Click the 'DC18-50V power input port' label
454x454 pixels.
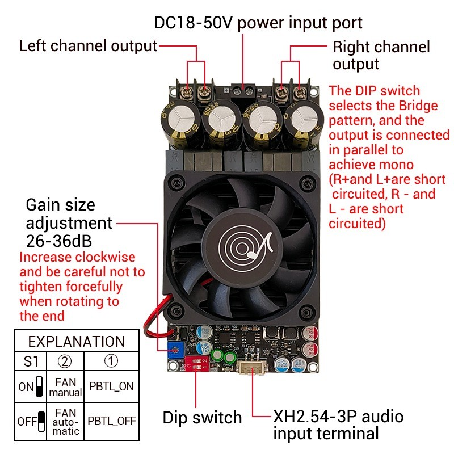258,23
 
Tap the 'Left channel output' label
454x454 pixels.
88,46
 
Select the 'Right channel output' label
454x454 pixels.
381,55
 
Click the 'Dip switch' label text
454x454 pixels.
202,418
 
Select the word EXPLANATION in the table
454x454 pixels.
77,342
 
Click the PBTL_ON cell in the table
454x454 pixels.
111,386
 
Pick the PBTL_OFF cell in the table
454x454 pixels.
111,422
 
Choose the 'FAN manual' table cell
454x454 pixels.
65,387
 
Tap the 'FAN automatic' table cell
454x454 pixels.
65,422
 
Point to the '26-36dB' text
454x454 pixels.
59,239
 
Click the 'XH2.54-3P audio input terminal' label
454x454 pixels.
338,425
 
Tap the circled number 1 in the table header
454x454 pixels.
111,361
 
